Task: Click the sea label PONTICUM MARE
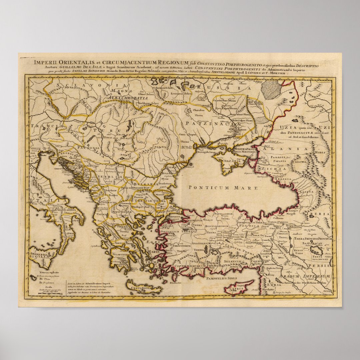223,188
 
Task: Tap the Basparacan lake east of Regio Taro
315,250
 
